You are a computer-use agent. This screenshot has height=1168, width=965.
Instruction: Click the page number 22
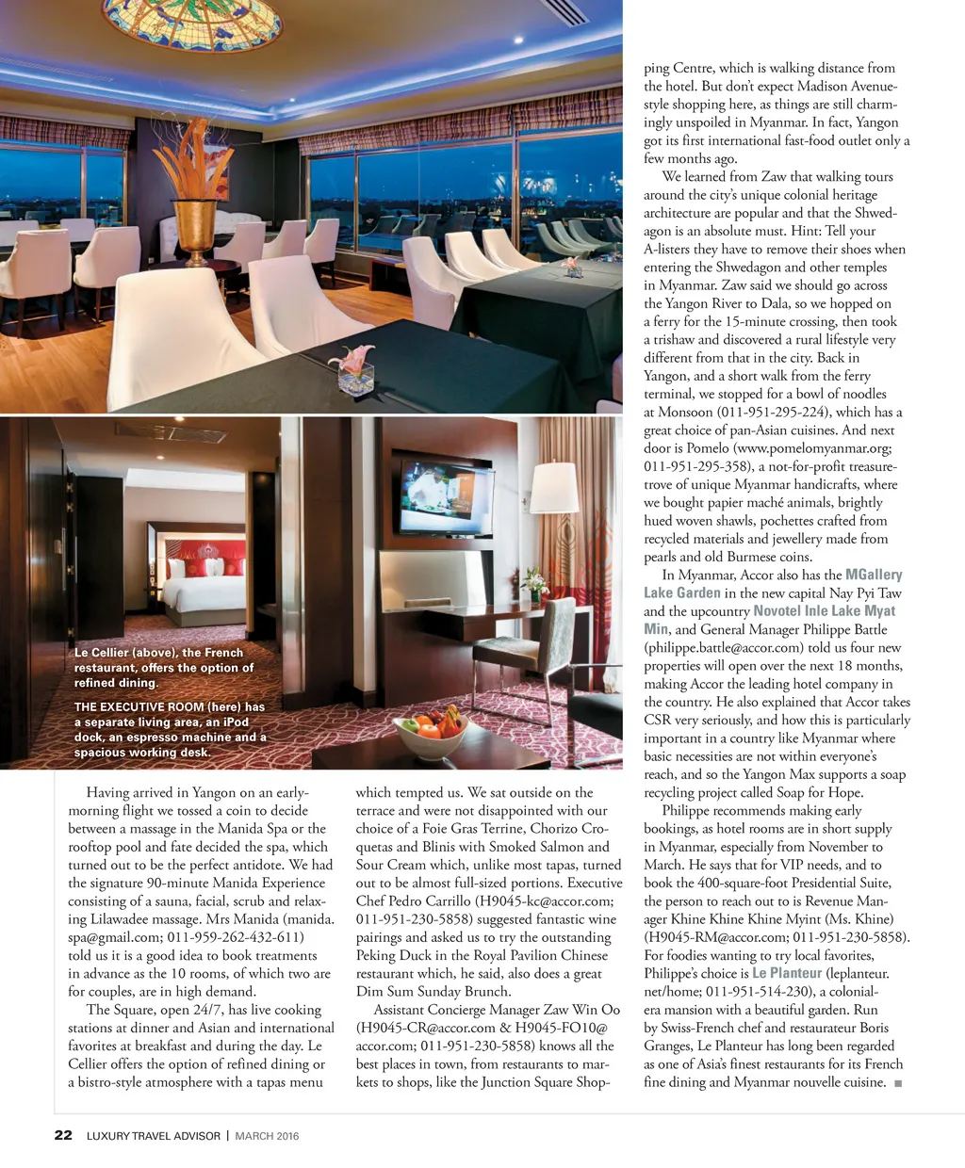pos(63,1135)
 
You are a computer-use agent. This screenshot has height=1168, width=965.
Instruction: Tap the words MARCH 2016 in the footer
pos(267,1136)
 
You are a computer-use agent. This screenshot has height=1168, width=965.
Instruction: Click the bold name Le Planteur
pos(787,973)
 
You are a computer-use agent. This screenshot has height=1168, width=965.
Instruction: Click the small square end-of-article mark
pos(898,1083)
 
